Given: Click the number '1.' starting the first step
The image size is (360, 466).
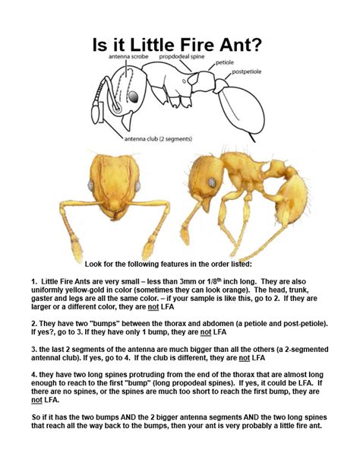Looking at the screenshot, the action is [35, 281].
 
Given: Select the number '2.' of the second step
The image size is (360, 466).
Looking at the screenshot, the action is [35, 323].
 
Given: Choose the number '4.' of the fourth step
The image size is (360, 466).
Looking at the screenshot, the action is [35, 375].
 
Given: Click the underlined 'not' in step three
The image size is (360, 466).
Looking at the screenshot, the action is [245, 357].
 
